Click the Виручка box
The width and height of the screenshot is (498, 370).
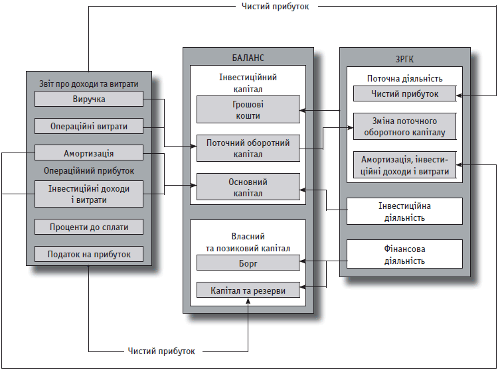pos(88,99)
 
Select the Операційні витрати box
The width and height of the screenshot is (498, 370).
pos(88,126)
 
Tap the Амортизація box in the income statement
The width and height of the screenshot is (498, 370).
pos(88,153)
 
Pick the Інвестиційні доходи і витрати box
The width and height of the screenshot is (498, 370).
pos(88,194)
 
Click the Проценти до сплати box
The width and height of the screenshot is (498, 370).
pos(88,227)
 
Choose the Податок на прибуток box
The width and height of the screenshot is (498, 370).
pos(88,253)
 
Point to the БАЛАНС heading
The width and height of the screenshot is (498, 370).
pos(248,58)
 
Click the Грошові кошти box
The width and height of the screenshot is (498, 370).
pos(248,109)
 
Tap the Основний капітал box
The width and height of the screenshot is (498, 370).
pos(248,188)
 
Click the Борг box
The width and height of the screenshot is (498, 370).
pos(248,263)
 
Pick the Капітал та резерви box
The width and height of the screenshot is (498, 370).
pos(248,290)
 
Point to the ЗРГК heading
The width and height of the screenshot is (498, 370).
pos(404,58)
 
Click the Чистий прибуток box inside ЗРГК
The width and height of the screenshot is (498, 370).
pos(404,93)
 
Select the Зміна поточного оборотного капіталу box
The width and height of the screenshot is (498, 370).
pos(404,126)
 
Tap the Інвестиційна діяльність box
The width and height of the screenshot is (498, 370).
pos(404,212)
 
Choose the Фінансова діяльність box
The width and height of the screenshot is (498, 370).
pos(404,255)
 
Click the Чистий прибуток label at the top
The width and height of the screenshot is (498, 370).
pos(276,7)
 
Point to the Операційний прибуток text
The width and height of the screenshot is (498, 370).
pos(88,170)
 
